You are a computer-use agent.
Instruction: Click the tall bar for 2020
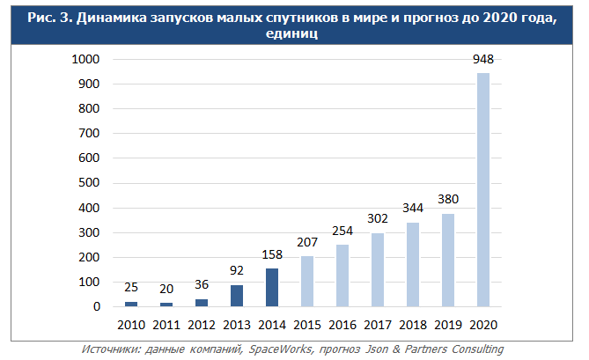[482, 189]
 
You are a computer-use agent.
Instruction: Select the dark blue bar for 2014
[272, 288]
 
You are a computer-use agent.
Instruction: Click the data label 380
[447, 199]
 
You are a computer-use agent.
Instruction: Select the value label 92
[237, 271]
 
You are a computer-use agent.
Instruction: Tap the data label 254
[342, 231]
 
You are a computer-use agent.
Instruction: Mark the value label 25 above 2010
[131, 288]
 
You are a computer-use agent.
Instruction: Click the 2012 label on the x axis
[202, 324]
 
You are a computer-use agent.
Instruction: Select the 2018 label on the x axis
[412, 324]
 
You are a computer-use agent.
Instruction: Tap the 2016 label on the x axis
[342, 324]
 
